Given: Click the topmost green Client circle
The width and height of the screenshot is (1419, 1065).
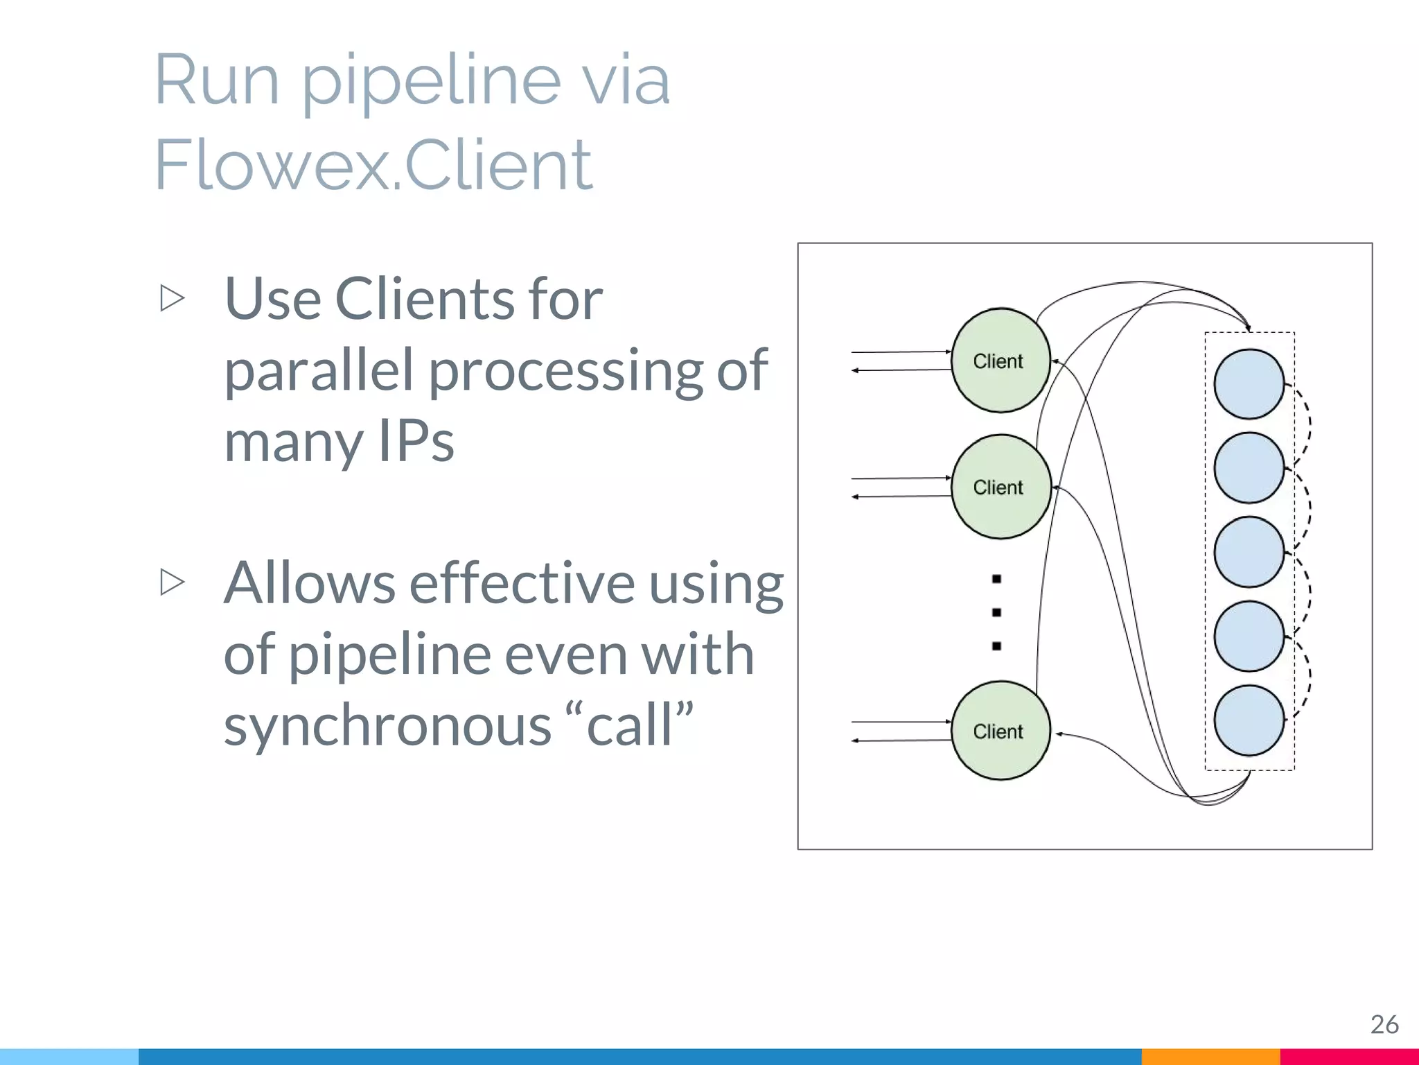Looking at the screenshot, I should [x=1001, y=361].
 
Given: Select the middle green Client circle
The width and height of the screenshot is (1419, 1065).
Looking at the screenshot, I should [x=1001, y=487].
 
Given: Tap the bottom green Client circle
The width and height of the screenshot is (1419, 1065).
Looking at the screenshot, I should [x=1001, y=731].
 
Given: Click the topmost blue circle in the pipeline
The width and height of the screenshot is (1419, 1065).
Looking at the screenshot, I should [x=1249, y=384].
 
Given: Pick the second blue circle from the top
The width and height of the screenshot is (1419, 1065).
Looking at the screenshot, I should [x=1249, y=468].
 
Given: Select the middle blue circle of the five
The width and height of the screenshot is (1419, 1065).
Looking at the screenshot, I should [x=1249, y=552].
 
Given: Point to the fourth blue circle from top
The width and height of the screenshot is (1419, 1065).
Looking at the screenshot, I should [x=1249, y=637].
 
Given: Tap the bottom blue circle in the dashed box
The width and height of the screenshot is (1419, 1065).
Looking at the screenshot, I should [x=1249, y=720].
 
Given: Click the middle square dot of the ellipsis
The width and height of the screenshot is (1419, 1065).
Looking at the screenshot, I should [x=996, y=612].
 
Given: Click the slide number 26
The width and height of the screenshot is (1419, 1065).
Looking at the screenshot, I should [x=1384, y=1024].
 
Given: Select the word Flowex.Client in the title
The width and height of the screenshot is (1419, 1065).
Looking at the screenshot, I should [x=373, y=165].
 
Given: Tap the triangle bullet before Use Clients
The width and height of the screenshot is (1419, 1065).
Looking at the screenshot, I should [x=172, y=298].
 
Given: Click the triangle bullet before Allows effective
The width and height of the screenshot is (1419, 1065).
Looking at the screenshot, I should [x=172, y=582].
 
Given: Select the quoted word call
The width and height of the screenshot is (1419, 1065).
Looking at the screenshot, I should [x=629, y=725].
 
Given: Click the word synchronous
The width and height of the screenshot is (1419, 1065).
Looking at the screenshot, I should [x=387, y=725].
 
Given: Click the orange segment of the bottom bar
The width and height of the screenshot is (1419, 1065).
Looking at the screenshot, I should [x=1210, y=1057].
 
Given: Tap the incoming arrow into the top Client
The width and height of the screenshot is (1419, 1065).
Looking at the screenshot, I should [x=901, y=352].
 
